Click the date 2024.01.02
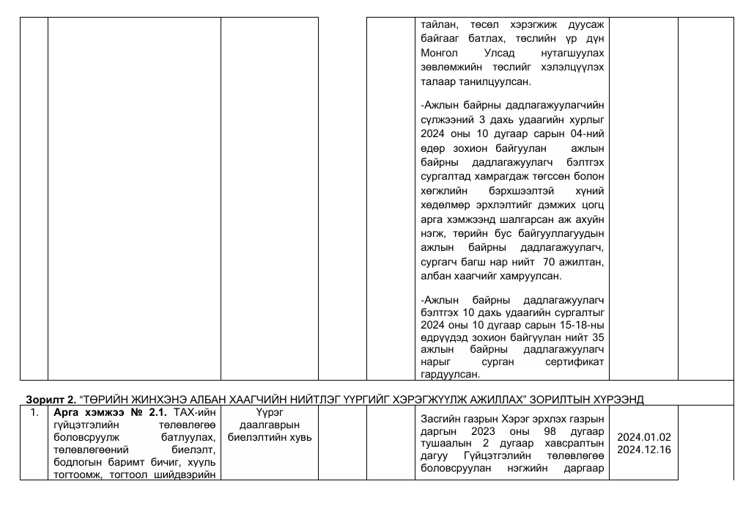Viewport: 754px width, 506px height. [x=643, y=438]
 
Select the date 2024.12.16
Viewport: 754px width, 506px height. [x=643, y=450]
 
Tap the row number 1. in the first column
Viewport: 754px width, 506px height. [x=33, y=412]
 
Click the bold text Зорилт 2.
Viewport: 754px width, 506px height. [x=51, y=400]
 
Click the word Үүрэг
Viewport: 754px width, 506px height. [x=269, y=413]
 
